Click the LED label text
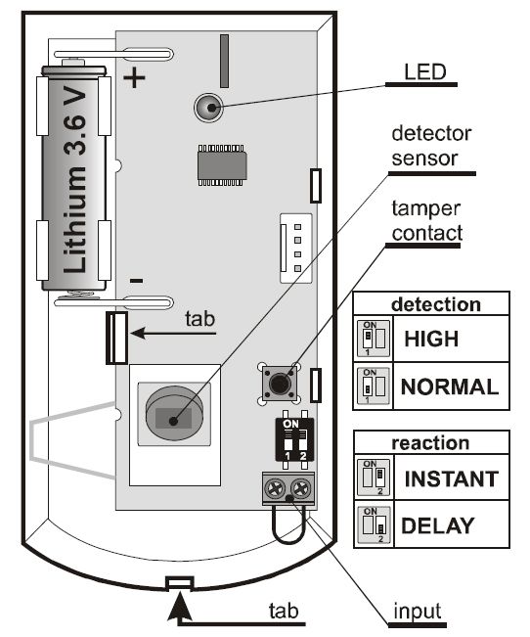point(424,71)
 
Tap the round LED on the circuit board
point(208,108)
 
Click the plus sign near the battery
point(134,78)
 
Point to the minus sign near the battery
point(136,281)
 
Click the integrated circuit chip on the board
point(222,164)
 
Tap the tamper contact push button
point(279,383)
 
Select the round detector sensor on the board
point(174,413)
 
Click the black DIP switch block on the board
point(294,440)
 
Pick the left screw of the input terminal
point(275,488)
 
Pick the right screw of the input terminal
point(302,488)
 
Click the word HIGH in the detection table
point(431,339)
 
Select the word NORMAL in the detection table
point(450,387)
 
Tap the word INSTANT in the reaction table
point(452,478)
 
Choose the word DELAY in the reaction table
point(438,525)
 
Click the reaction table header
point(430,443)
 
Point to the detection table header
point(436,304)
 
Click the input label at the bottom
point(418,611)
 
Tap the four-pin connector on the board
point(296,249)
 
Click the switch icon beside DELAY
point(374,524)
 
